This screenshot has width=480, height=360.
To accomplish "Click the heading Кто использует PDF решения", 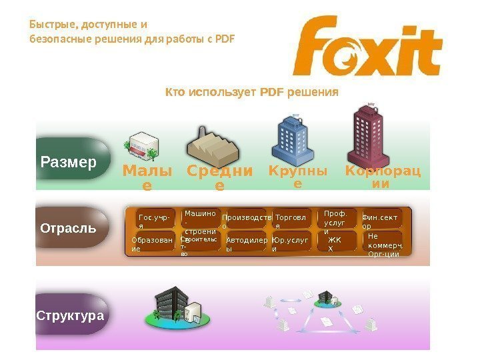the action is click(x=252, y=91).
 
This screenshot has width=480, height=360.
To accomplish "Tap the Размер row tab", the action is click(x=69, y=161).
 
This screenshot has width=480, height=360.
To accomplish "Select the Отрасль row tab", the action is click(x=69, y=227).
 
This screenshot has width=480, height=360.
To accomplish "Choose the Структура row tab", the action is click(x=69, y=315).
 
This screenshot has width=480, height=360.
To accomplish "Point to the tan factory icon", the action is click(x=212, y=144).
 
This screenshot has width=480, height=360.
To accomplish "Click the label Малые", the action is click(x=147, y=177).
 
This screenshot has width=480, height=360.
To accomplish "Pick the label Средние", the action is click(x=219, y=177).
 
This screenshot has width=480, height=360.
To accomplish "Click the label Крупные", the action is click(x=298, y=177).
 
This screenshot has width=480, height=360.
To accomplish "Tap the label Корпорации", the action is click(x=383, y=176).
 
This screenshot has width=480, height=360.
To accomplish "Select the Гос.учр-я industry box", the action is click(x=154, y=221).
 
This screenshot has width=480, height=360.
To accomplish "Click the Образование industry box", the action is click(x=153, y=243).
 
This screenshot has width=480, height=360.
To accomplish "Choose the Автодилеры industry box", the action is click(x=245, y=243).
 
